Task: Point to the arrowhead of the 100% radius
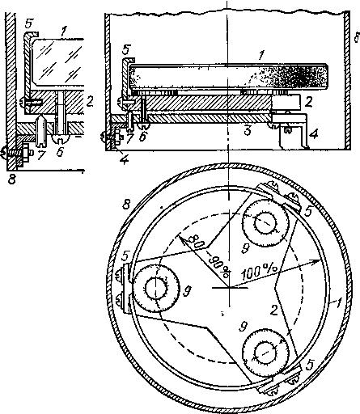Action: click(x=316, y=261)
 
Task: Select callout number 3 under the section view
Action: click(x=248, y=130)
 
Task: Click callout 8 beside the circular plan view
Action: click(x=126, y=204)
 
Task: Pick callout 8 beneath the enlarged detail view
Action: click(x=11, y=179)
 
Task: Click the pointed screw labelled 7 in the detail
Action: click(x=40, y=130)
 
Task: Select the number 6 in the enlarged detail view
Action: click(x=60, y=151)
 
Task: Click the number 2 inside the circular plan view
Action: click(x=274, y=310)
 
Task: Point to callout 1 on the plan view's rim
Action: click(x=338, y=304)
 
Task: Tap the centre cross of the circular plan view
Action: click(x=230, y=288)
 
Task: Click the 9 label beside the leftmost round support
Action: click(x=187, y=291)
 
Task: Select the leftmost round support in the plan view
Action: click(x=156, y=288)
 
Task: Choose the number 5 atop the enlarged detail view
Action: click(x=28, y=23)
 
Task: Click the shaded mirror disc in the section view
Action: click(x=228, y=77)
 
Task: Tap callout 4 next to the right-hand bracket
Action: click(x=313, y=133)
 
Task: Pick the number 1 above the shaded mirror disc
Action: click(x=260, y=55)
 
